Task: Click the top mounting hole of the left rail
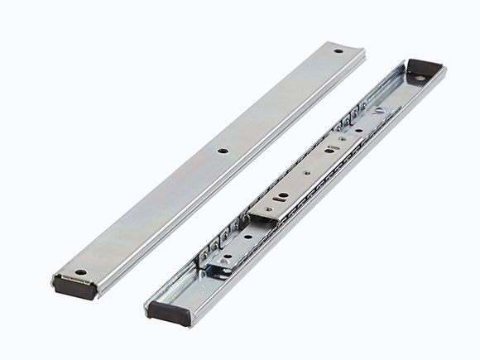(x=338, y=51)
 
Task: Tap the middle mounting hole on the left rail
(x=222, y=151)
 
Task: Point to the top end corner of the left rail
(x=358, y=47)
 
